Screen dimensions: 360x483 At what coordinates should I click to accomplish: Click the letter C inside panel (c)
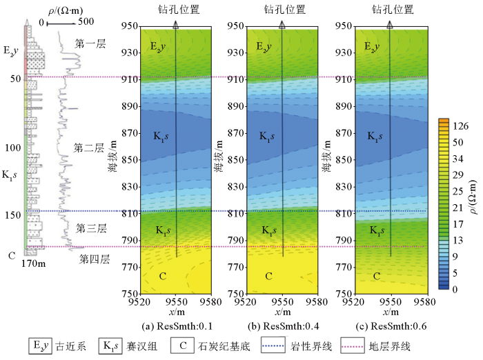376,276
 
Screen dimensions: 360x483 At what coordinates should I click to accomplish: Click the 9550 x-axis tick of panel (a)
176,301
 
